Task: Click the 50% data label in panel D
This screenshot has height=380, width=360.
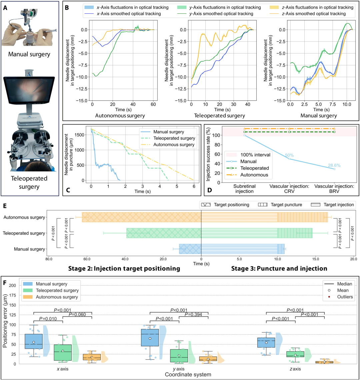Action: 289,155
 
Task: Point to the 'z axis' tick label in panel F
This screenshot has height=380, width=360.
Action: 295,369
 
